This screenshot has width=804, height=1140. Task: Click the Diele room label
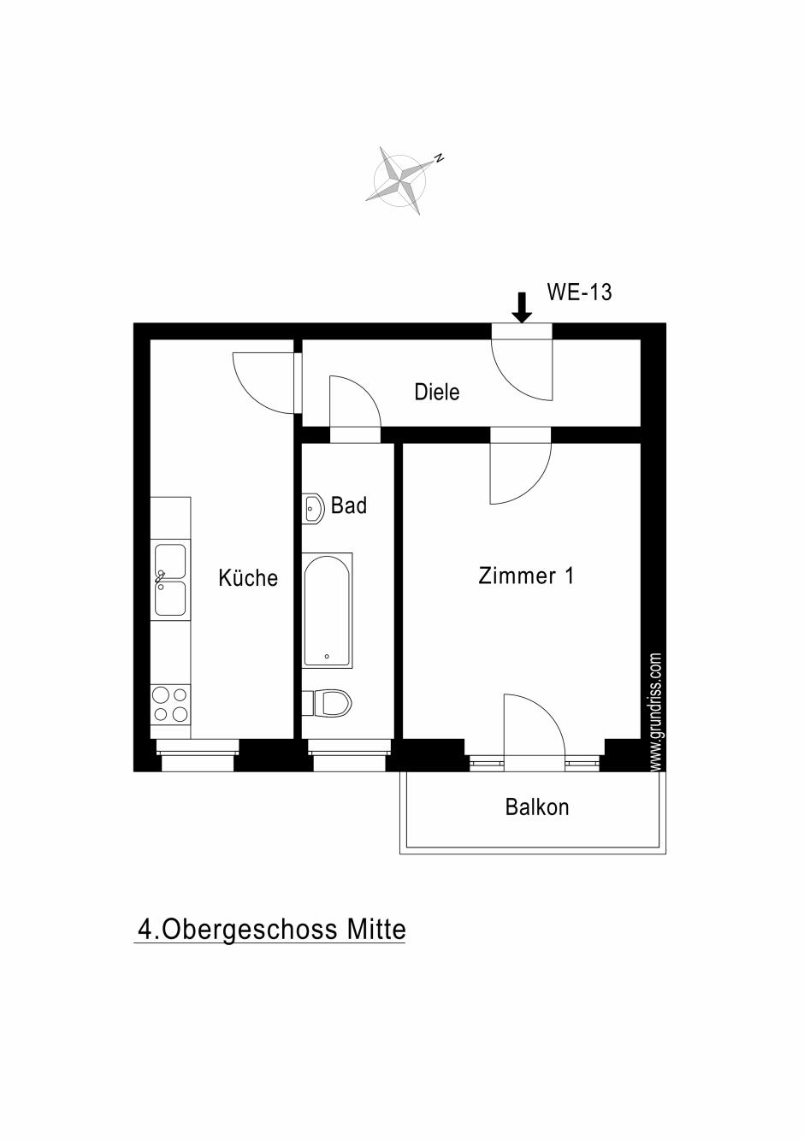[436, 392]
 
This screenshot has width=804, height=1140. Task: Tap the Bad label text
[349, 505]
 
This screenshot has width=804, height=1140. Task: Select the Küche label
[248, 577]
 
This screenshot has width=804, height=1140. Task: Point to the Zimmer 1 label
[526, 576]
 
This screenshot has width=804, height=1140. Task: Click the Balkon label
[537, 807]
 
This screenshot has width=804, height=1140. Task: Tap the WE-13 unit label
[579, 292]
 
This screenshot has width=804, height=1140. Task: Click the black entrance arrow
[522, 307]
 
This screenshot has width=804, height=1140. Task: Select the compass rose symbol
[401, 180]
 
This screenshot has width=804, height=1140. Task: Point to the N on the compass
[439, 157]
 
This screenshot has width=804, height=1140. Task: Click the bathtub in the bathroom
[328, 611]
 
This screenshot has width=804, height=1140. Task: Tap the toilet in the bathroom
[327, 703]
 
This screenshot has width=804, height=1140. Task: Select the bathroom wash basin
[313, 508]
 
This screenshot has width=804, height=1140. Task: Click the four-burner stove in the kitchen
[170, 705]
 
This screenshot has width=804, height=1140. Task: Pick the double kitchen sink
[170, 580]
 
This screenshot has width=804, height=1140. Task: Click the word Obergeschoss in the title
[251, 929]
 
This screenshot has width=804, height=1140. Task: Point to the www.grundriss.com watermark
[656, 712]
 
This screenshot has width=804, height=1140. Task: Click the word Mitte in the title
[376, 929]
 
